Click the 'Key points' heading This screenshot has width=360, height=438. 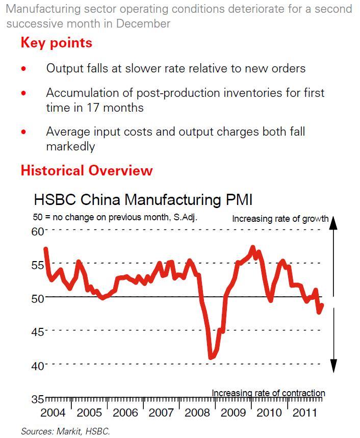click(x=56, y=43)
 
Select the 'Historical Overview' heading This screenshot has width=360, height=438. click(x=86, y=170)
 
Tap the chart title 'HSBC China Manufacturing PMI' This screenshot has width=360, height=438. click(x=143, y=199)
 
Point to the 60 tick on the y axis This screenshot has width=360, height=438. click(x=38, y=231)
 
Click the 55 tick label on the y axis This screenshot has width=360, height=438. click(x=38, y=265)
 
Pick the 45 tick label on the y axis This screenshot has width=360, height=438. click(x=38, y=332)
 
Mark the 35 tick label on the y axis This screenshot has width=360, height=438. click(x=38, y=399)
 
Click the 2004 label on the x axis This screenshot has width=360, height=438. click(x=53, y=413)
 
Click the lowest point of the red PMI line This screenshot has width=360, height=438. click(x=211, y=357)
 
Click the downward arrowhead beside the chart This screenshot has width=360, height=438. click(x=333, y=366)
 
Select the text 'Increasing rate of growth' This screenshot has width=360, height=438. click(x=280, y=219)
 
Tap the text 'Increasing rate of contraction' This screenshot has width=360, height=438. click(x=268, y=393)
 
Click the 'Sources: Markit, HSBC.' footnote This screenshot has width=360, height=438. click(x=65, y=431)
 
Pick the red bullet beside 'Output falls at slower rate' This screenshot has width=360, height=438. click(x=23, y=69)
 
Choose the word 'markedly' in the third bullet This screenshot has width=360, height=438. click(x=70, y=146)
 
